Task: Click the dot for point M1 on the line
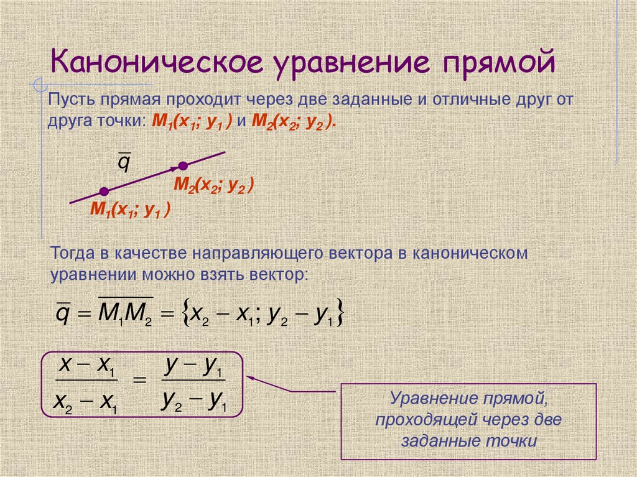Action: tap(104, 191)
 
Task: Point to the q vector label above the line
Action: tap(124, 163)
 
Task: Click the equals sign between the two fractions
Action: tap(141, 382)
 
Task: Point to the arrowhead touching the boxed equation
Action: tap(251, 376)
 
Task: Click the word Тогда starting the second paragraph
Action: tap(73, 254)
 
